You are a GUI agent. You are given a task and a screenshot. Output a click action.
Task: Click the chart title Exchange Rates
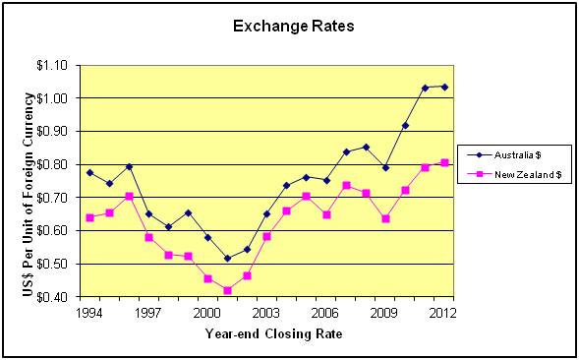[x=294, y=27]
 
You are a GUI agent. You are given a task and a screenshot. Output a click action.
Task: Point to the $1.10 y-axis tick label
[x=52, y=66]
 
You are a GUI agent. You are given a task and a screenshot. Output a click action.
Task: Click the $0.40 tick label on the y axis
[x=52, y=297]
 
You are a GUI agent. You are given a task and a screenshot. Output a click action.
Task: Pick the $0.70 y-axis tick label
[x=52, y=198]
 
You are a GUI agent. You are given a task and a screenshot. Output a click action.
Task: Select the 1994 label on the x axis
[x=89, y=313]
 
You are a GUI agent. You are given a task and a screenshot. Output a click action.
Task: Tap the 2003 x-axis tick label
[x=266, y=313]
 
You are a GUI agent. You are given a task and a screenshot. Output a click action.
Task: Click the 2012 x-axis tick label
[x=442, y=313]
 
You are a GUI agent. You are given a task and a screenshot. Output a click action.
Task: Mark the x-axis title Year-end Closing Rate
[x=273, y=333]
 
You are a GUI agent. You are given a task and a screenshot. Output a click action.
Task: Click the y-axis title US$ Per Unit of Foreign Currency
[x=29, y=195]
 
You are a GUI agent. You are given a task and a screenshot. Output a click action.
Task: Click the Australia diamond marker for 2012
[x=444, y=88]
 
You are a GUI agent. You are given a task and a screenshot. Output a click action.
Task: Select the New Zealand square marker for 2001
[x=227, y=290]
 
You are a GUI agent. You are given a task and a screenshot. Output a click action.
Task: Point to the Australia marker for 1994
[x=89, y=172]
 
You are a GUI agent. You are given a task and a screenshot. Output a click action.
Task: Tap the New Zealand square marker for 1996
[x=129, y=197]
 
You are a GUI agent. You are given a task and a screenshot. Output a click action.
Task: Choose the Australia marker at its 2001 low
[x=227, y=259]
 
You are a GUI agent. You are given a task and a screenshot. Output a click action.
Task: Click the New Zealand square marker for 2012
[x=444, y=163]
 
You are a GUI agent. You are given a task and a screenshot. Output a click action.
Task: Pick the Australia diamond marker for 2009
[x=385, y=168]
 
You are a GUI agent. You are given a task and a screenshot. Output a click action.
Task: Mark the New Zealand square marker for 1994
[x=89, y=217]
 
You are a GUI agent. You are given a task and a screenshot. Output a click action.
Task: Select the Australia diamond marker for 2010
[x=405, y=126]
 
